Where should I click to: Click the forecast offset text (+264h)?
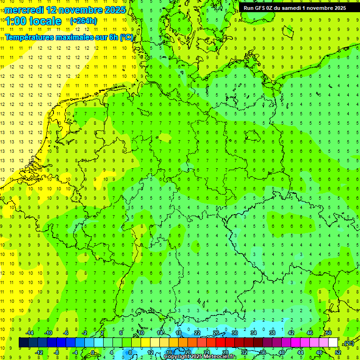pyautogui.click(x=83, y=21)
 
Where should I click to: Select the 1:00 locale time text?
pyautogui.click(x=34, y=21)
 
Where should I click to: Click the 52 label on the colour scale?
pyautogui.click(x=338, y=352)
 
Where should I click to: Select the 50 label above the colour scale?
pyautogui.click(x=329, y=333)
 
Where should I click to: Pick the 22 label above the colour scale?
pyautogui.click(x=197, y=333)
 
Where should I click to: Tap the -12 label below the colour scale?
pyautogui.click(x=39, y=352)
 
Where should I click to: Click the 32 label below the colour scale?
pyautogui.click(x=244, y=352)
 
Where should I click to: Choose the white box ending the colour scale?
pyautogui.click(x=333, y=343)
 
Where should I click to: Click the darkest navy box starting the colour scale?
pyautogui.click(x=23, y=343)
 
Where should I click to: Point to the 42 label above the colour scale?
pyautogui.click(x=291, y=333)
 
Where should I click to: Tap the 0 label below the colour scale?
pyautogui.click(x=93, y=352)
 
